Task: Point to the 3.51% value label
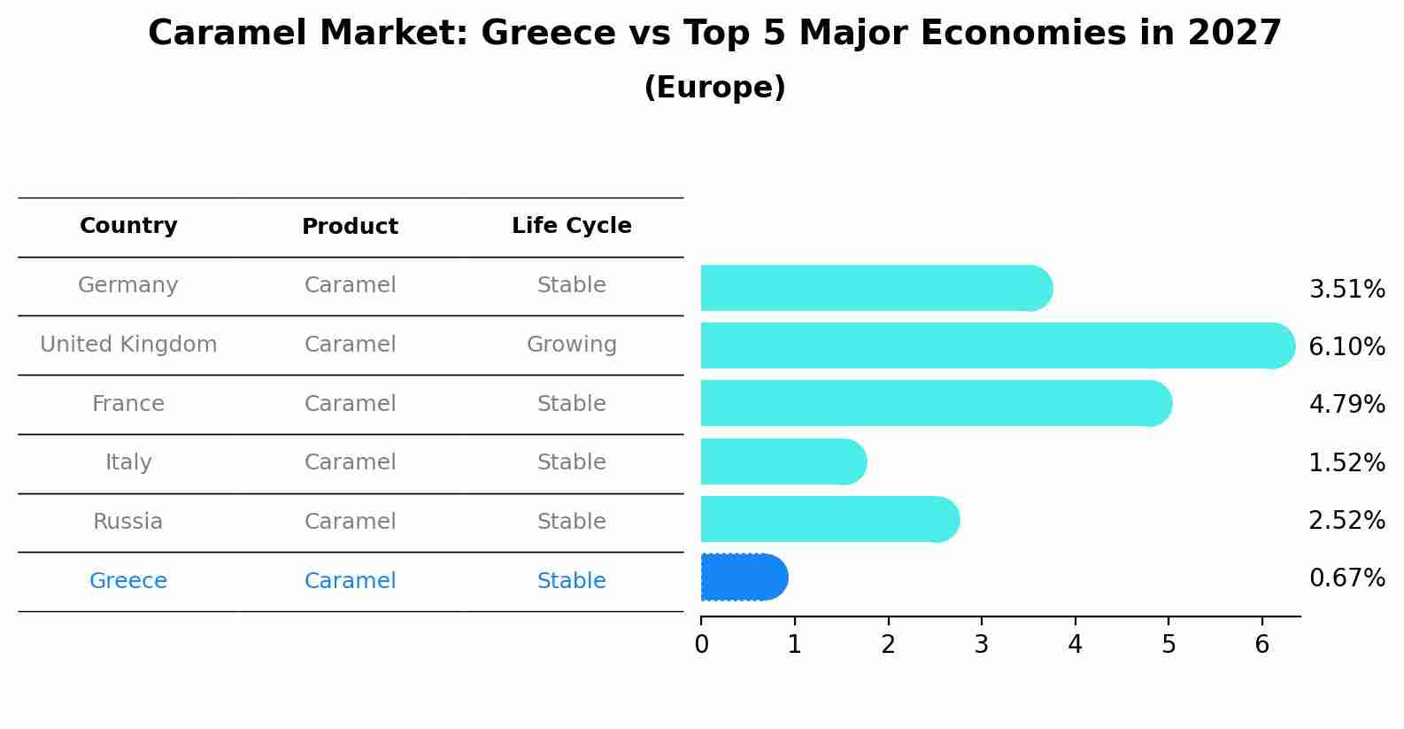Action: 1346,290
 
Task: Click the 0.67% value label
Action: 1346,578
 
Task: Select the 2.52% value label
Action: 1346,521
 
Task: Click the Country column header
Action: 128,226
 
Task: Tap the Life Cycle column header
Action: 571,226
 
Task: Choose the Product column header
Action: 350,227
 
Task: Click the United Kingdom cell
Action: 128,345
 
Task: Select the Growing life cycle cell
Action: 571,345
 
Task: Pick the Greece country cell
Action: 128,581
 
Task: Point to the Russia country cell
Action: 128,522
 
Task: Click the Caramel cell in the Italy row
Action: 350,462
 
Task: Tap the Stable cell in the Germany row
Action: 571,285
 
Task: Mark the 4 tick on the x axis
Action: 1075,644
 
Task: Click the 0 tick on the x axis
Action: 701,644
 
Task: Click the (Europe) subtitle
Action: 714,88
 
